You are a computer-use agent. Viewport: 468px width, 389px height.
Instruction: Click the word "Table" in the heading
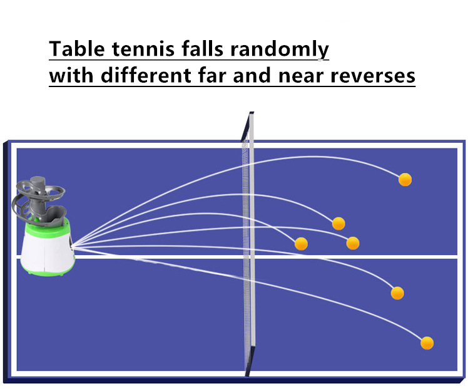click(73, 48)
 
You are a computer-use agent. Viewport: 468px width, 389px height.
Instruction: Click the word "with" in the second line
click(68, 76)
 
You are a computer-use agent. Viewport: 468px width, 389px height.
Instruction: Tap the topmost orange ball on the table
click(405, 180)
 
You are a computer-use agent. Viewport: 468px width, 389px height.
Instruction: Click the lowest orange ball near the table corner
click(427, 343)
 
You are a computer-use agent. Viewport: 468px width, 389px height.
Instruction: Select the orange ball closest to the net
click(301, 244)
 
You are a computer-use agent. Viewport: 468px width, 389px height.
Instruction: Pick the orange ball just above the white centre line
click(353, 243)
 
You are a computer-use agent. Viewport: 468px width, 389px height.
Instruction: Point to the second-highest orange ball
click(338, 223)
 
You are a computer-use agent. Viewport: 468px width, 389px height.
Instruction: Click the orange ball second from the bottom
click(397, 293)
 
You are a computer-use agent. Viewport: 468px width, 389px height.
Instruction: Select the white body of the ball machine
click(47, 247)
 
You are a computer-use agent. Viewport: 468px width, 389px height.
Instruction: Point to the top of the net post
click(251, 114)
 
